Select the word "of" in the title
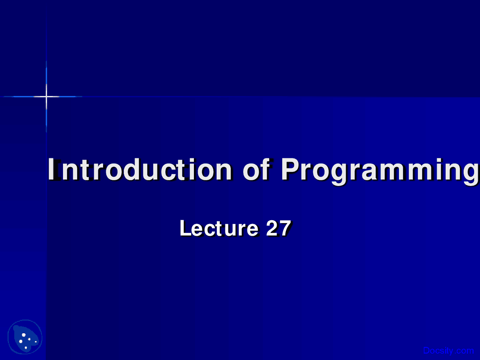tap(256, 169)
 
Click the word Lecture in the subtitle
tap(219, 228)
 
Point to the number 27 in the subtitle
tap(278, 228)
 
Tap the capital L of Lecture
tap(186, 228)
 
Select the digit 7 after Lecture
tap(285, 228)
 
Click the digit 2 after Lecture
tap(272, 228)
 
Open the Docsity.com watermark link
tap(448, 351)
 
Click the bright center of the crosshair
tap(46, 97)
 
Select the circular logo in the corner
tap(25, 337)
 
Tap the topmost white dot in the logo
tap(24, 334)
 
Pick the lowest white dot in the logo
tap(25, 348)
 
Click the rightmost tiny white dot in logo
tap(36, 342)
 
